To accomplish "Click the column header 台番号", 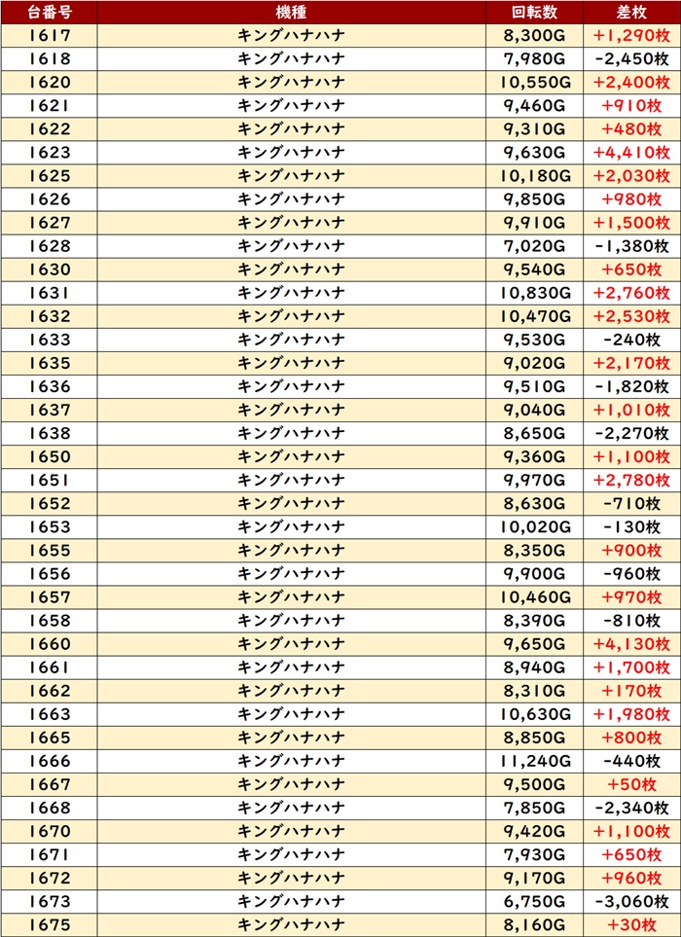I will [x=49, y=12].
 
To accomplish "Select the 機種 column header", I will [x=291, y=12].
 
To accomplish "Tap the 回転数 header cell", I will [x=534, y=12].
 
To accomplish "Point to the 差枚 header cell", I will [x=631, y=12].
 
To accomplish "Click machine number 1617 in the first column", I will [x=49, y=35].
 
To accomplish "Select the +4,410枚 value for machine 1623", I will [x=631, y=152].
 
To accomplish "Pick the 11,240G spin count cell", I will [x=534, y=760].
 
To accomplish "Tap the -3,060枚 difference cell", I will [x=631, y=900].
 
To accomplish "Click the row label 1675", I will [x=49, y=923].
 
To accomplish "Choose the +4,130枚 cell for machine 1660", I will [x=631, y=643].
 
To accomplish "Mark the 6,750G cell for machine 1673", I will [x=534, y=900].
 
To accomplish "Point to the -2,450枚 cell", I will [x=631, y=58].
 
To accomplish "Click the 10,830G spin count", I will [x=534, y=292].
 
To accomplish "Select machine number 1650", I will [x=49, y=456].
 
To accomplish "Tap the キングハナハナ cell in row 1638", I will [x=291, y=433].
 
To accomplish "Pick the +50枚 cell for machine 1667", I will [x=631, y=783].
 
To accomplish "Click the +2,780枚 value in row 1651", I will [x=631, y=480].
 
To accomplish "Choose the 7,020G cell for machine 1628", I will [x=534, y=245].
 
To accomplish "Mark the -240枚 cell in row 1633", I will [x=631, y=339].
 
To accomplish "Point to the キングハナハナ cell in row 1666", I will [x=291, y=760].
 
